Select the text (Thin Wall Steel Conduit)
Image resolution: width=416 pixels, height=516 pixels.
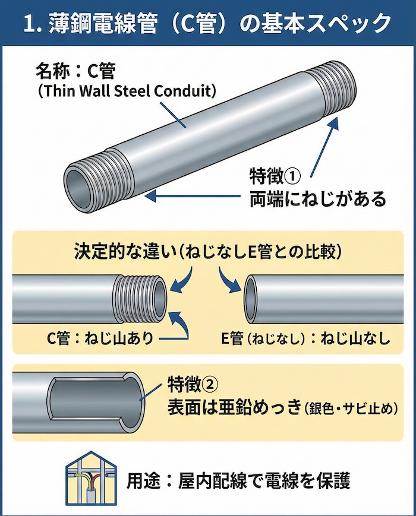point(126,91)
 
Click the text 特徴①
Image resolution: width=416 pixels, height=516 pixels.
point(277,176)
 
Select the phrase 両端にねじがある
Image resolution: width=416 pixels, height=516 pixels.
point(317,198)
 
